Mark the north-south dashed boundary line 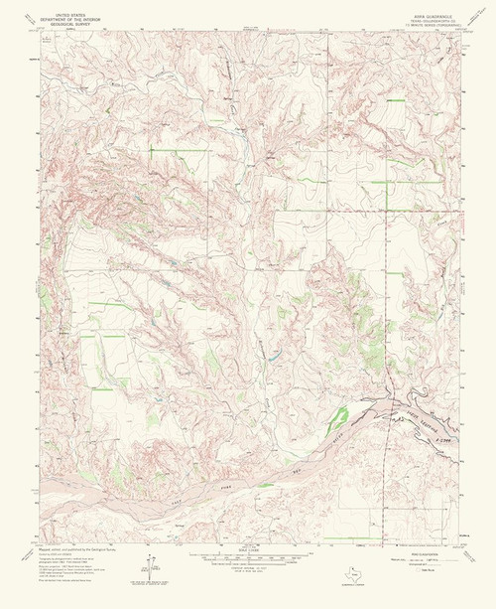(385, 298)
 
